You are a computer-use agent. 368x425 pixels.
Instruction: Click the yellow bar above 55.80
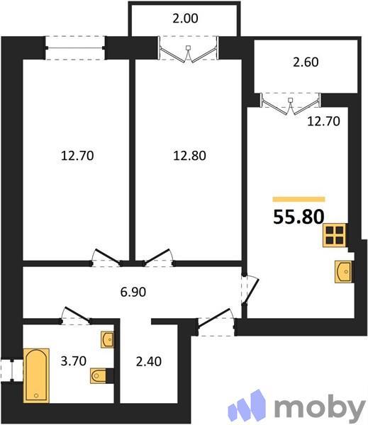click(299, 200)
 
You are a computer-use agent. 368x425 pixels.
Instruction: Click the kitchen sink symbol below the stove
click(344, 271)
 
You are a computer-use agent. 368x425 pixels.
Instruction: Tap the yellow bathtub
click(36, 373)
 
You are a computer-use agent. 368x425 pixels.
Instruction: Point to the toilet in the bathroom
click(99, 375)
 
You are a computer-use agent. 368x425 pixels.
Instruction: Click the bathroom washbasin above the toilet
click(108, 341)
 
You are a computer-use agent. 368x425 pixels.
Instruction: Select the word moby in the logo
click(318, 407)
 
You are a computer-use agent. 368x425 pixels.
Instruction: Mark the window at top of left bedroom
click(76, 48)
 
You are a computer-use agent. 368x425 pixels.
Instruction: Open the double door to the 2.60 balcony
click(291, 103)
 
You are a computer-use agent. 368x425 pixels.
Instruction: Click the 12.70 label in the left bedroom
click(78, 154)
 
